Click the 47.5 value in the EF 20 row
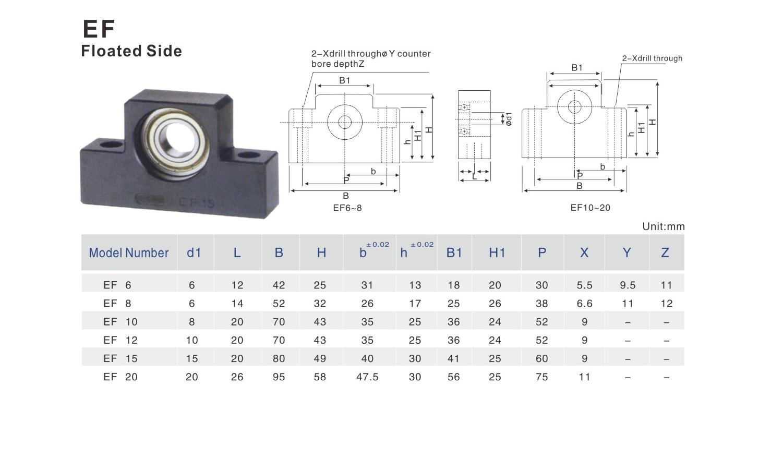coord(367,377)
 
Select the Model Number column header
coord(129,253)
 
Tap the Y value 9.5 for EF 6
coord(628,285)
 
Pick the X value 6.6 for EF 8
coord(584,304)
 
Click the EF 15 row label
coord(121,358)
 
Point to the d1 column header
coord(194,253)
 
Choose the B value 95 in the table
coord(279,377)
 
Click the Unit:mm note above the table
coord(663,226)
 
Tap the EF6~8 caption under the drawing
coord(347,208)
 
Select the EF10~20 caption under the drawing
coord(591,208)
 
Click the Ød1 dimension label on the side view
coord(509,119)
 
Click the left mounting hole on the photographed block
coord(111,144)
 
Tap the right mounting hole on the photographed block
coord(249,154)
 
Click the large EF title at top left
coord(99,29)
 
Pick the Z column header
coord(665,253)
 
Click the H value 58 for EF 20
coord(320,377)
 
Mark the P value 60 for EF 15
coord(542,358)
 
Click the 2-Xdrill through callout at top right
coord(652,58)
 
